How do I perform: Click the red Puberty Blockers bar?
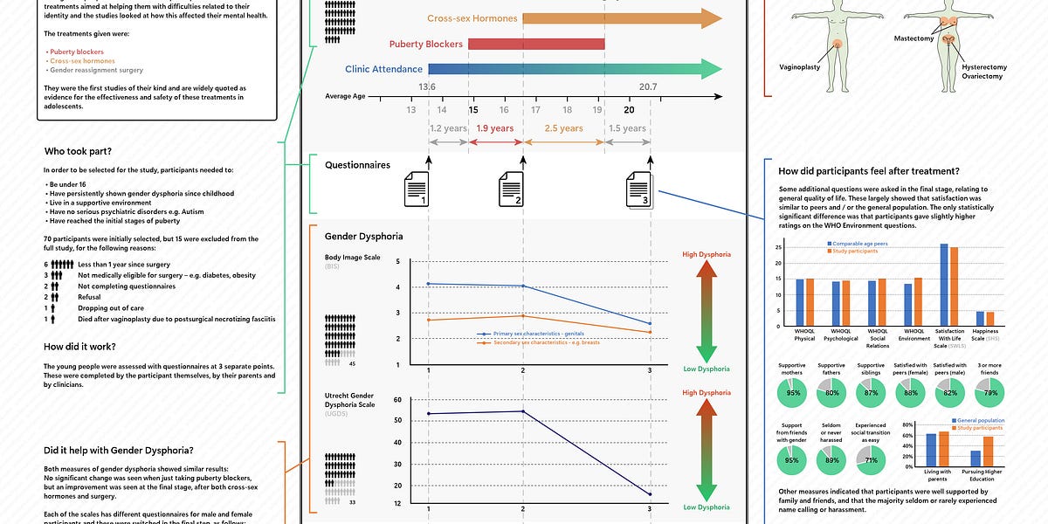[x=536, y=44]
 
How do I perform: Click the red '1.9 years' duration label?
[x=495, y=128]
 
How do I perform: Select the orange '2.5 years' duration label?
[x=563, y=128]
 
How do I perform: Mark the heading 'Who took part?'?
[x=73, y=150]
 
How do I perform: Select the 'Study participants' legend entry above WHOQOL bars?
[x=855, y=251]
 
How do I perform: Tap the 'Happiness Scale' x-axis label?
[x=985, y=334]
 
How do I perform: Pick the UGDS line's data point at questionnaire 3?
[x=650, y=494]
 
